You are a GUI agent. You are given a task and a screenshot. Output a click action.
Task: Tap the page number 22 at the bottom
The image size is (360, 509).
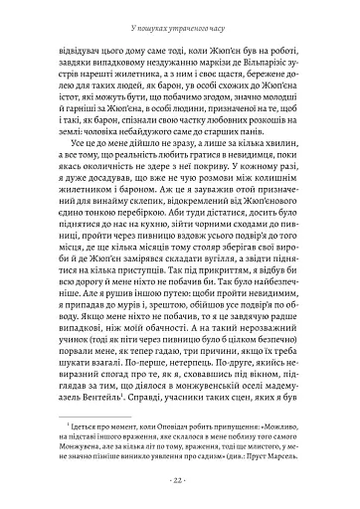(180, 484)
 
